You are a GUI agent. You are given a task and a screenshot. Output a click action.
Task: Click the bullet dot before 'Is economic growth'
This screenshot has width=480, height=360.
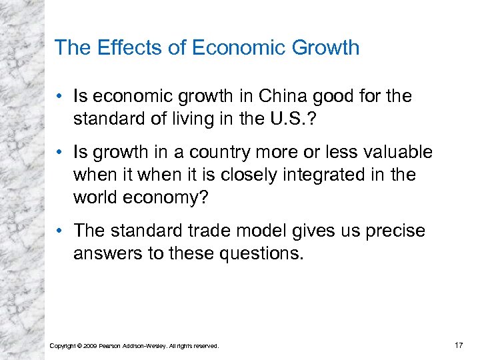coord(60,97)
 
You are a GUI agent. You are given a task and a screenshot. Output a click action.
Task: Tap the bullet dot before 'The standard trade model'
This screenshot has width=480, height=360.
coord(60,231)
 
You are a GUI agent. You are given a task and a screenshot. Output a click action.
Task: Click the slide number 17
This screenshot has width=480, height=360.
coord(457,345)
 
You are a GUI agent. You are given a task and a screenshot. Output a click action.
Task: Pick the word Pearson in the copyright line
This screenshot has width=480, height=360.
coord(111,346)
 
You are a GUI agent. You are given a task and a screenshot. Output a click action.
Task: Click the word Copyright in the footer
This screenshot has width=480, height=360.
coord(63,346)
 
